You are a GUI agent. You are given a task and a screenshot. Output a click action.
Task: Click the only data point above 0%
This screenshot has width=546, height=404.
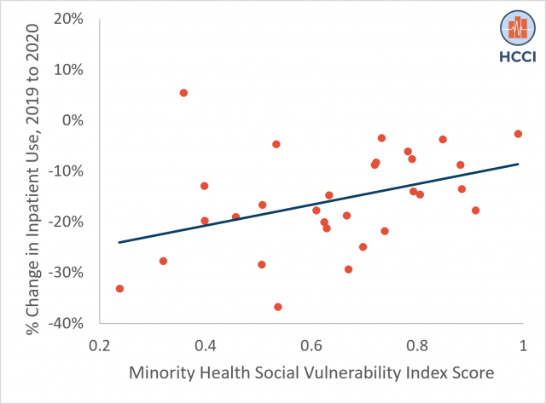[x=183, y=93]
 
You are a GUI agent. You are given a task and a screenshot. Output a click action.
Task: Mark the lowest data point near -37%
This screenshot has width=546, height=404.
[x=278, y=307]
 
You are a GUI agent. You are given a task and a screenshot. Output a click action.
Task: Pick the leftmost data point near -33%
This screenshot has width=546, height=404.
[x=119, y=289]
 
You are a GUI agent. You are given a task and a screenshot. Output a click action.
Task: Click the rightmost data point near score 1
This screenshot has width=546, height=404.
[x=518, y=134]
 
